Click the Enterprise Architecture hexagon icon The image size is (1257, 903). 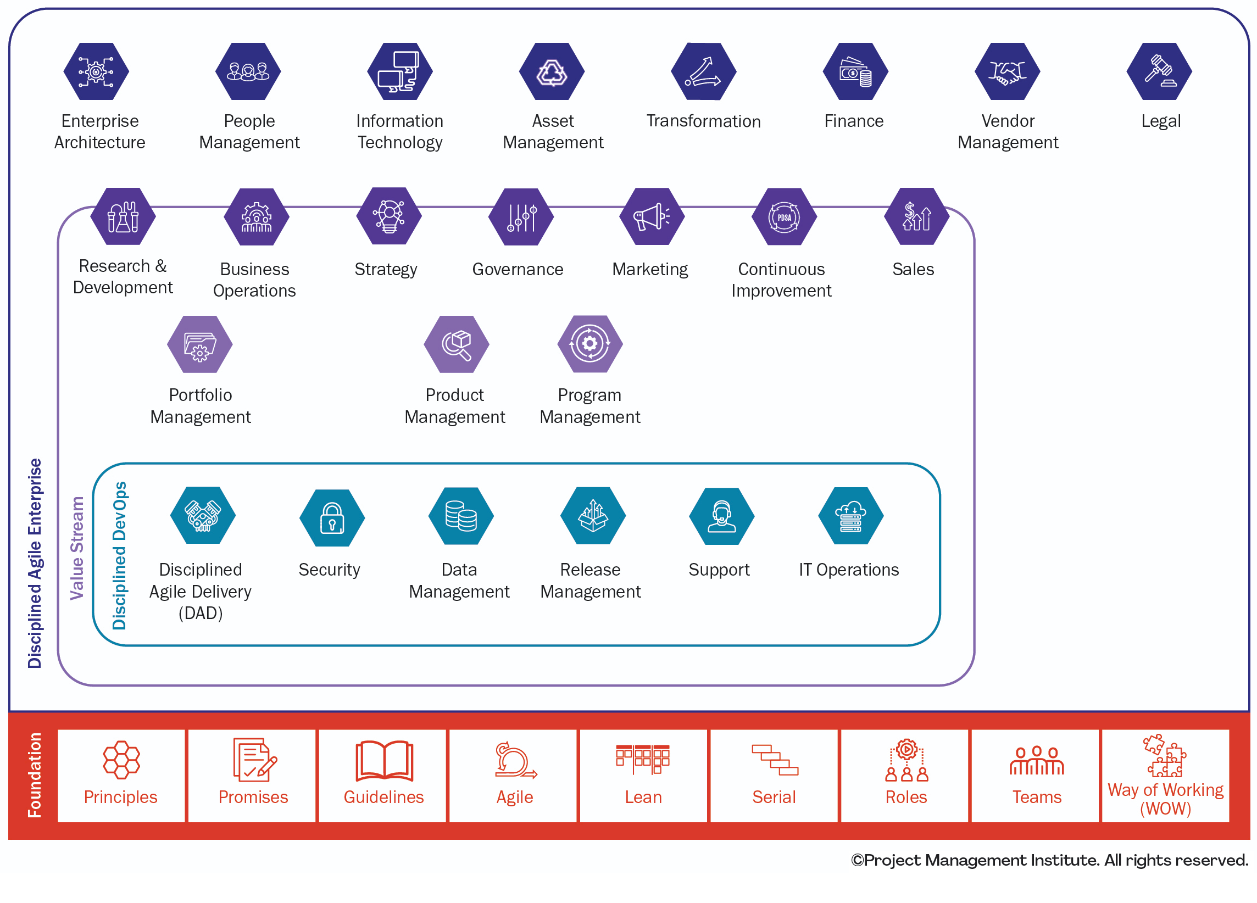coord(96,71)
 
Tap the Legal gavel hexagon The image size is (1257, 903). coord(1159,71)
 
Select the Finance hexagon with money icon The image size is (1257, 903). coord(855,71)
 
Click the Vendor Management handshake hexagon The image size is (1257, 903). coord(1007,71)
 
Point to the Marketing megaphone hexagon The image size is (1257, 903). coord(652,216)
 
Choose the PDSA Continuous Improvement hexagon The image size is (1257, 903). coord(783,216)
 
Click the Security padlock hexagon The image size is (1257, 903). coord(332,517)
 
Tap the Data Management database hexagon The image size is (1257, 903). coord(460,516)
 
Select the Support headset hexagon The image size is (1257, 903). coord(721,516)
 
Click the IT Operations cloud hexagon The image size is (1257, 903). coord(850,516)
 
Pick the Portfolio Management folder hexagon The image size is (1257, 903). coord(199,344)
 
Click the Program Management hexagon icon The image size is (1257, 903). coord(589,343)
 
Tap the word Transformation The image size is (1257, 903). coord(703,121)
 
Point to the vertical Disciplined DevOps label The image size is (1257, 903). coord(119,555)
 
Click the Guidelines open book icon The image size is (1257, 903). coord(384,760)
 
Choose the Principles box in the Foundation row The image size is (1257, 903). coord(121,775)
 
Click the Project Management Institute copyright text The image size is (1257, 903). coord(1049,860)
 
